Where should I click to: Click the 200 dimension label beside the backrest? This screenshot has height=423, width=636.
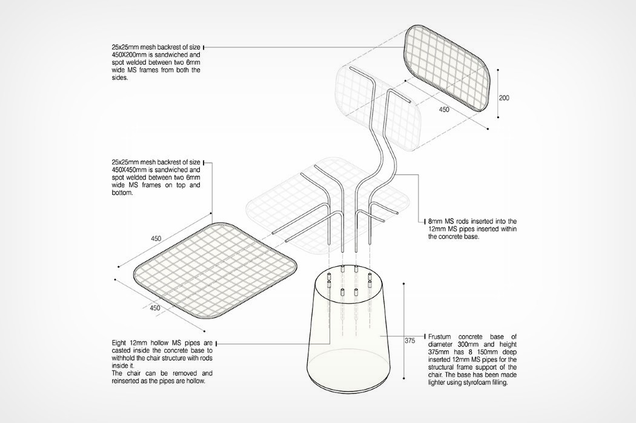(x=504, y=97)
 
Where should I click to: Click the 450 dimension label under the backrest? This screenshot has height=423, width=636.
(x=444, y=110)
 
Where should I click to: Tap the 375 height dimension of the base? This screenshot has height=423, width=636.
(x=409, y=341)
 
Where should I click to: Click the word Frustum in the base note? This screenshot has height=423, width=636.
(x=441, y=336)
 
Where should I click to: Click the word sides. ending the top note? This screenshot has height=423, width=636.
(x=120, y=77)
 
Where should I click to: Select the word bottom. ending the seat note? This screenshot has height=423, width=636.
(x=122, y=193)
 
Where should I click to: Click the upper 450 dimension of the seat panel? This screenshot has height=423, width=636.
(x=156, y=238)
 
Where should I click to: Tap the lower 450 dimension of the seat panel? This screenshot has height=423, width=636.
(x=154, y=308)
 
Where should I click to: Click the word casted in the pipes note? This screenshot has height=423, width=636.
(x=121, y=350)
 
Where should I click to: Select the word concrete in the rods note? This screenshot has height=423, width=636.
(x=454, y=237)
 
